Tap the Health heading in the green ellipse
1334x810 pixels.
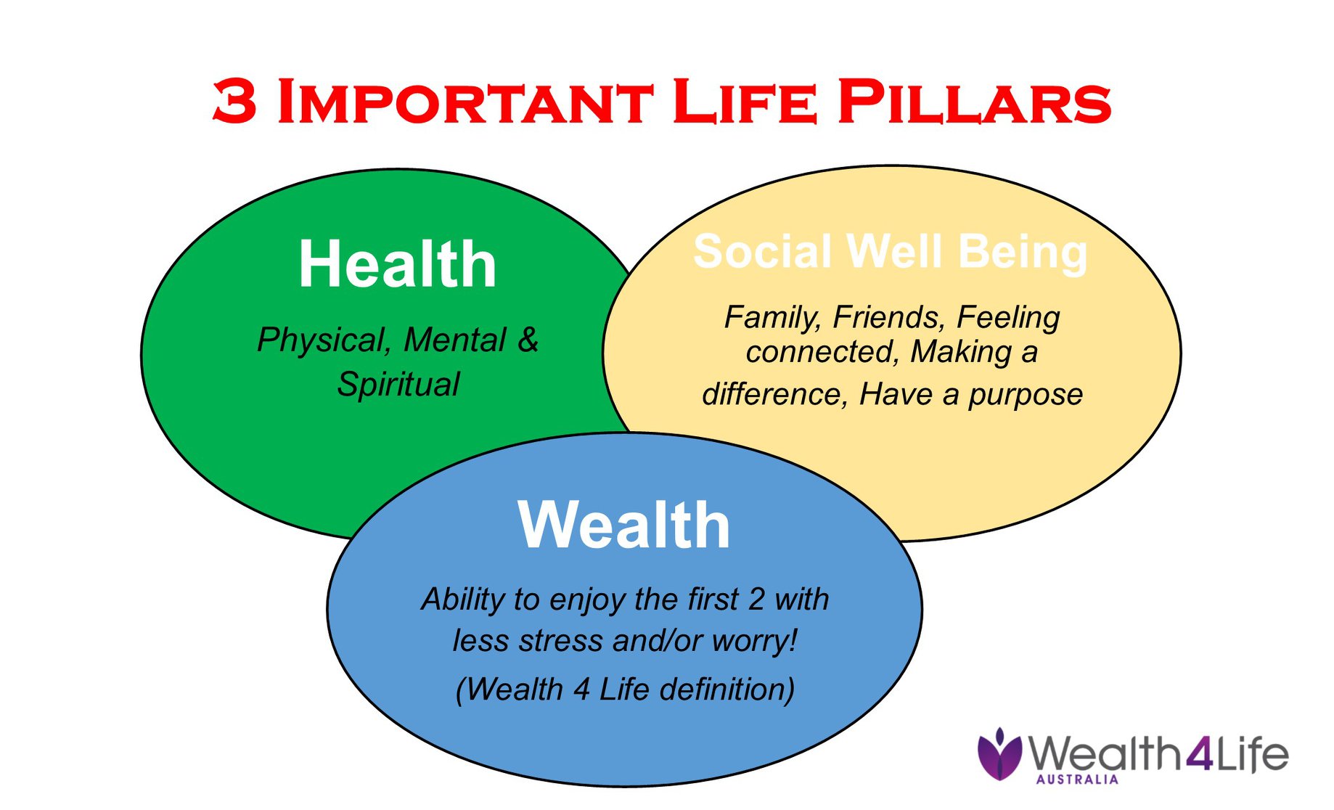[398, 264]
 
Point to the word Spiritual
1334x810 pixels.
[398, 384]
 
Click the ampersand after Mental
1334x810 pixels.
[528, 339]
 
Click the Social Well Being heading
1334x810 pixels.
[891, 253]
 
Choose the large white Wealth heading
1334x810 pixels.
[624, 525]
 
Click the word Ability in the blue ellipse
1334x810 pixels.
[463, 600]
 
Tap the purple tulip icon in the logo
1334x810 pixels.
[999, 755]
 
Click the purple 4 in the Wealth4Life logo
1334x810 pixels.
[1200, 755]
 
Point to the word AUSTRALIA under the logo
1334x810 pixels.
[1077, 780]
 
